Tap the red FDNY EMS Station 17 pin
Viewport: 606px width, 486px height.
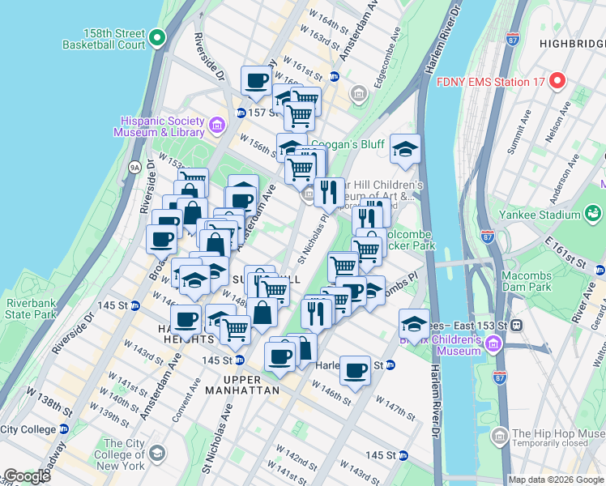point(557,81)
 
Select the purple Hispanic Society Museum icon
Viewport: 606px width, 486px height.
point(216,125)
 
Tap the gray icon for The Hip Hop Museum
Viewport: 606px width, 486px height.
point(500,437)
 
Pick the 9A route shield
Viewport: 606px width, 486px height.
point(134,167)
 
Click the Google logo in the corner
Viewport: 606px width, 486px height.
point(27,476)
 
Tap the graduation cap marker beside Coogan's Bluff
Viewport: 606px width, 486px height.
point(405,149)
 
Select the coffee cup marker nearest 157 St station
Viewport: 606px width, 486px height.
point(257,81)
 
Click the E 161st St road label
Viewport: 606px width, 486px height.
point(565,250)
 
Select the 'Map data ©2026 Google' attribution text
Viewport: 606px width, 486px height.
point(555,480)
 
